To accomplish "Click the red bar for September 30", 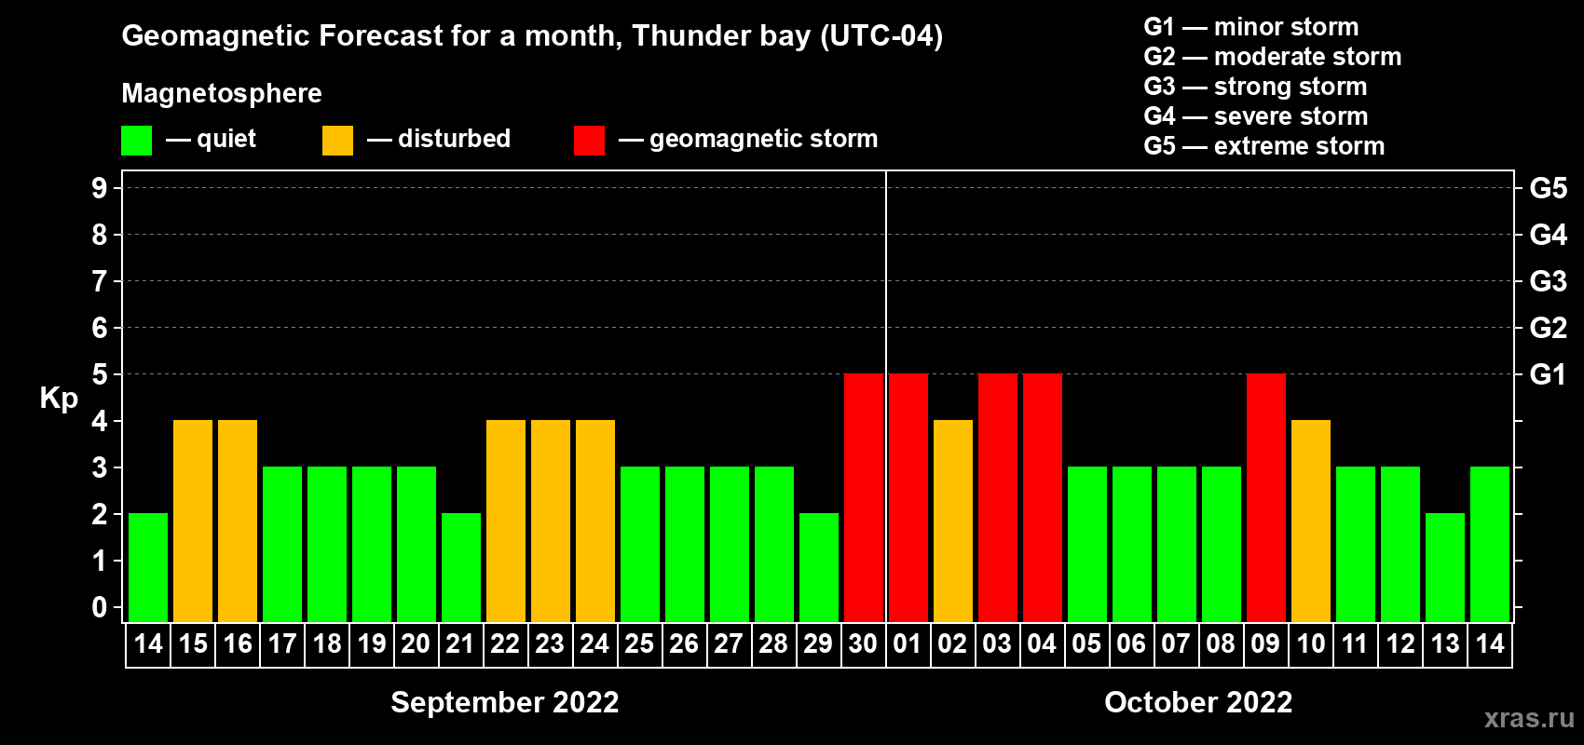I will [x=864, y=497].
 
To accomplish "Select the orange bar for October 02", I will [x=953, y=521].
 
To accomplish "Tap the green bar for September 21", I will [x=461, y=567].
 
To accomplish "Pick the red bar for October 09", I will [x=1266, y=497].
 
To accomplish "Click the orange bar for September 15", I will [x=193, y=521].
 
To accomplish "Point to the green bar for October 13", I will [x=1445, y=567].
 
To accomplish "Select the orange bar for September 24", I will [x=595, y=521].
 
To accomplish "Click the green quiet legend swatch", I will [x=137, y=141].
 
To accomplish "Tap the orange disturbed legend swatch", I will [x=337, y=141].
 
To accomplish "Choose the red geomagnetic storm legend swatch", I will [x=589, y=141].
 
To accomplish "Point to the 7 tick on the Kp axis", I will [x=100, y=281].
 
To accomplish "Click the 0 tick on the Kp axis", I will [x=100, y=607].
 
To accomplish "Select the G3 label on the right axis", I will [x=1548, y=281].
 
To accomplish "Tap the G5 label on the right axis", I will [x=1548, y=188].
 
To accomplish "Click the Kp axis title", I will [x=59, y=399].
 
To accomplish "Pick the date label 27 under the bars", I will [x=729, y=643].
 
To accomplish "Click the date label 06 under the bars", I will [x=1131, y=643].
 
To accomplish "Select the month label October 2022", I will [x=1198, y=702].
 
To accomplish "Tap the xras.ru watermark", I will [x=1529, y=718].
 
